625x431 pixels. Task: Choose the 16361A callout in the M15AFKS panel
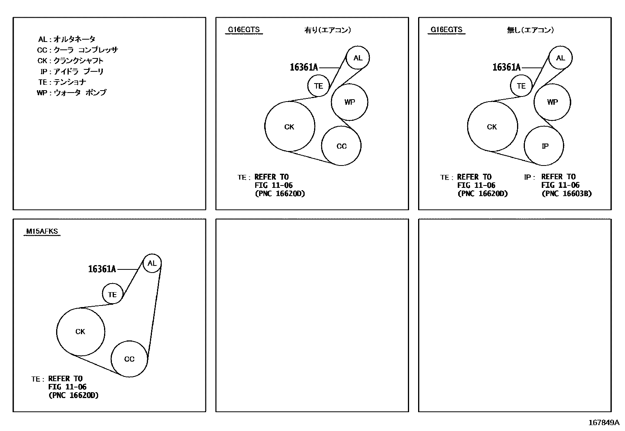(102, 269)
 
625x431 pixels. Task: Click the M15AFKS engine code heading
(42, 231)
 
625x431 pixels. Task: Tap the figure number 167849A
(604, 423)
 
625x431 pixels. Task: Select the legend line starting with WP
(71, 93)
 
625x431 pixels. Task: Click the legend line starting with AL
(67, 39)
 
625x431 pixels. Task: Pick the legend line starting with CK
(70, 60)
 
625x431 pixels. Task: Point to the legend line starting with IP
(72, 71)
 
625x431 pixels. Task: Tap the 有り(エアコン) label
(327, 30)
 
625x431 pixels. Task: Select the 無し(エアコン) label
(530, 30)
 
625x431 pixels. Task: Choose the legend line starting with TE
(62, 82)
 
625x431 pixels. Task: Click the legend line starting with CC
(78, 50)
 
